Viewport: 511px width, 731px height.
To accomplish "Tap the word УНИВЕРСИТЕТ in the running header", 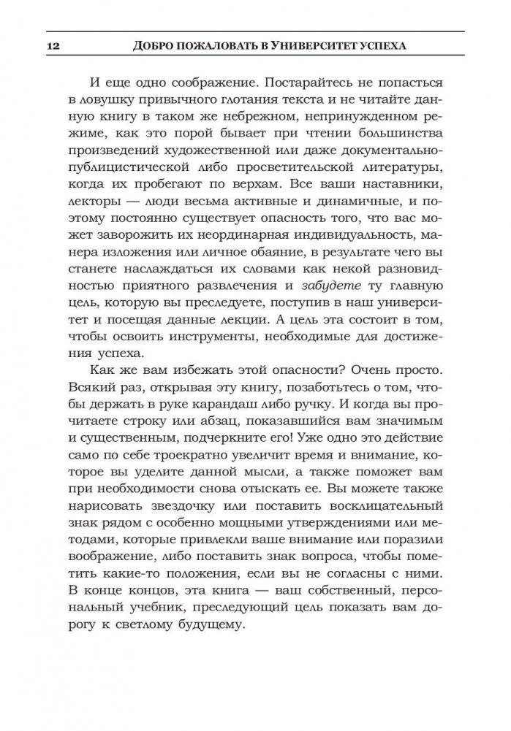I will point(312,45).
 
